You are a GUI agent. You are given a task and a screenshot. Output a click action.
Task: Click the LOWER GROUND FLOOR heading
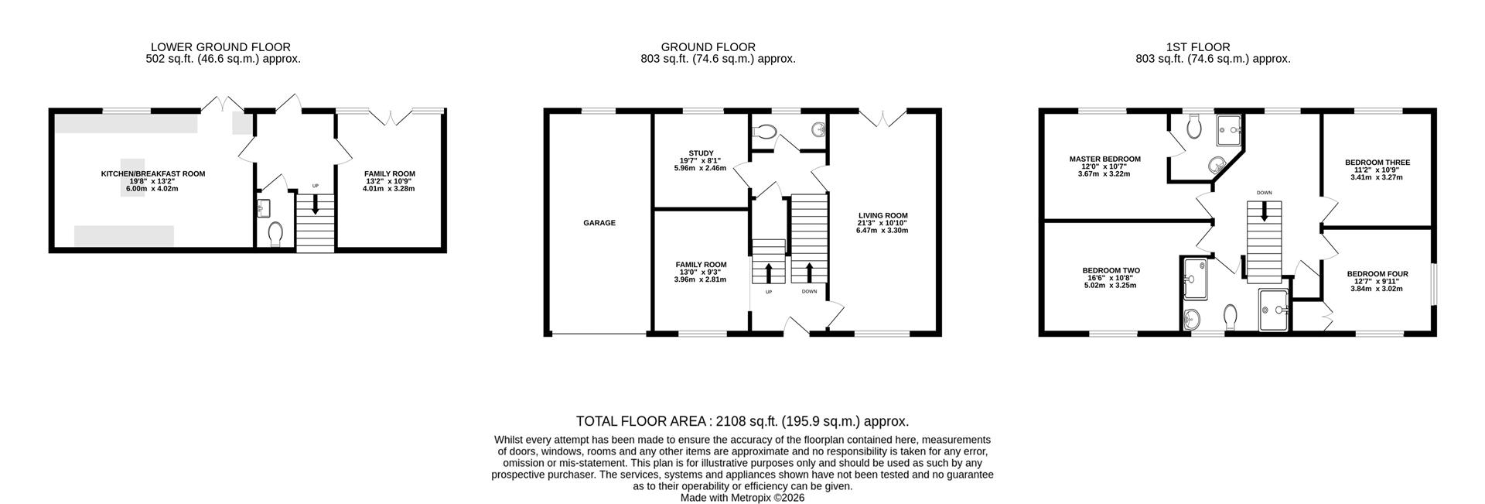tap(220, 47)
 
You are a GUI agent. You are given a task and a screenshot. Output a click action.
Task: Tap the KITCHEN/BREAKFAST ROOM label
tap(153, 173)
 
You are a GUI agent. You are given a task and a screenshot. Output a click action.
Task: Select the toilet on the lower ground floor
tap(275, 234)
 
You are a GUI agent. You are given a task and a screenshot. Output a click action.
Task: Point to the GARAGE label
tap(599, 223)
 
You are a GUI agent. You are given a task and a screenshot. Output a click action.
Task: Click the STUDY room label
tap(701, 153)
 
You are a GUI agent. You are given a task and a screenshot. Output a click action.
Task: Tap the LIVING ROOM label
tap(882, 215)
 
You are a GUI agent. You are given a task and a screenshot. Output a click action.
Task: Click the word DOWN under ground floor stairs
tap(809, 292)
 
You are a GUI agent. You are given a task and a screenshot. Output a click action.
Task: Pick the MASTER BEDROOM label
tap(1104, 159)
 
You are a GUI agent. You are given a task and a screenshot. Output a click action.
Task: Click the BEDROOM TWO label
tap(1111, 271)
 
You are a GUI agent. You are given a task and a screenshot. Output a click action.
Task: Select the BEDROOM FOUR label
tap(1377, 273)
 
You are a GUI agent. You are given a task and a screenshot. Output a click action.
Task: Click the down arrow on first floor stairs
tap(1264, 212)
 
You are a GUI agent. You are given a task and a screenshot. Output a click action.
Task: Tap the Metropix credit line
tap(742, 498)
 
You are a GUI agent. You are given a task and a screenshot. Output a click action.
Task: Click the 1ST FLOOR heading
tap(1213, 47)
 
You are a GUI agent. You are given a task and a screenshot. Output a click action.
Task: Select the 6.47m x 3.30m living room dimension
tap(882, 231)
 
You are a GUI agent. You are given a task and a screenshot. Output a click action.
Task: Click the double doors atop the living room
tap(882, 118)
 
